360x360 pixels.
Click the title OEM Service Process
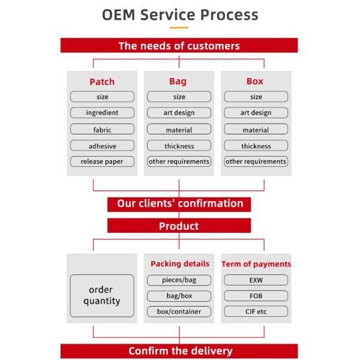click(x=179, y=14)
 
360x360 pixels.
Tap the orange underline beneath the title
click(x=179, y=27)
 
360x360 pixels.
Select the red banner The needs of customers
click(x=179, y=46)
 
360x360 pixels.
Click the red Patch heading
click(x=102, y=82)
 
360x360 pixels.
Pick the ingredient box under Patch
click(x=102, y=113)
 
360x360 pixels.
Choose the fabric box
click(x=102, y=129)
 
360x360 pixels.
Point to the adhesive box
click(x=102, y=146)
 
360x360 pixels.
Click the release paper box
click(x=102, y=161)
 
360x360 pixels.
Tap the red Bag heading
click(x=178, y=81)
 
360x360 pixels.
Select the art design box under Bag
click(x=179, y=113)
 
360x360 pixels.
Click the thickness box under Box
click(x=256, y=146)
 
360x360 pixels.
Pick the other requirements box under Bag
click(x=179, y=161)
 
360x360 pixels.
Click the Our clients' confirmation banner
click(x=179, y=204)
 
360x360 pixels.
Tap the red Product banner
click(x=179, y=226)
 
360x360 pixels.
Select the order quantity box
click(x=101, y=296)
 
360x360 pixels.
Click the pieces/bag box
click(x=179, y=280)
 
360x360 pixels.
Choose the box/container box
click(x=179, y=312)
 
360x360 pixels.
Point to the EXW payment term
click(x=256, y=280)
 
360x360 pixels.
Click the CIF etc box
click(x=256, y=312)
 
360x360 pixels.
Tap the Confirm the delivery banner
click(x=179, y=351)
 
